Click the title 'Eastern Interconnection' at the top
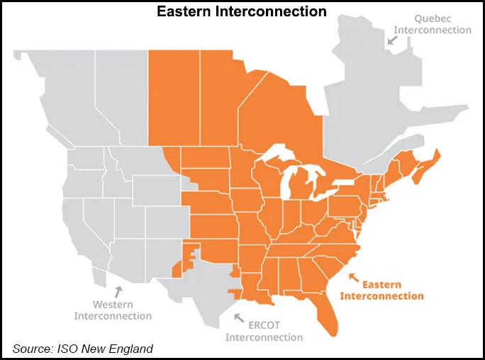[x=242, y=11]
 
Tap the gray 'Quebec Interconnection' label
[x=433, y=24]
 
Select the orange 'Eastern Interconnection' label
[x=381, y=289]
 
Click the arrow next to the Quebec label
[x=391, y=40]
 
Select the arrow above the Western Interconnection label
[x=119, y=291]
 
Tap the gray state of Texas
[x=206, y=283]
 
